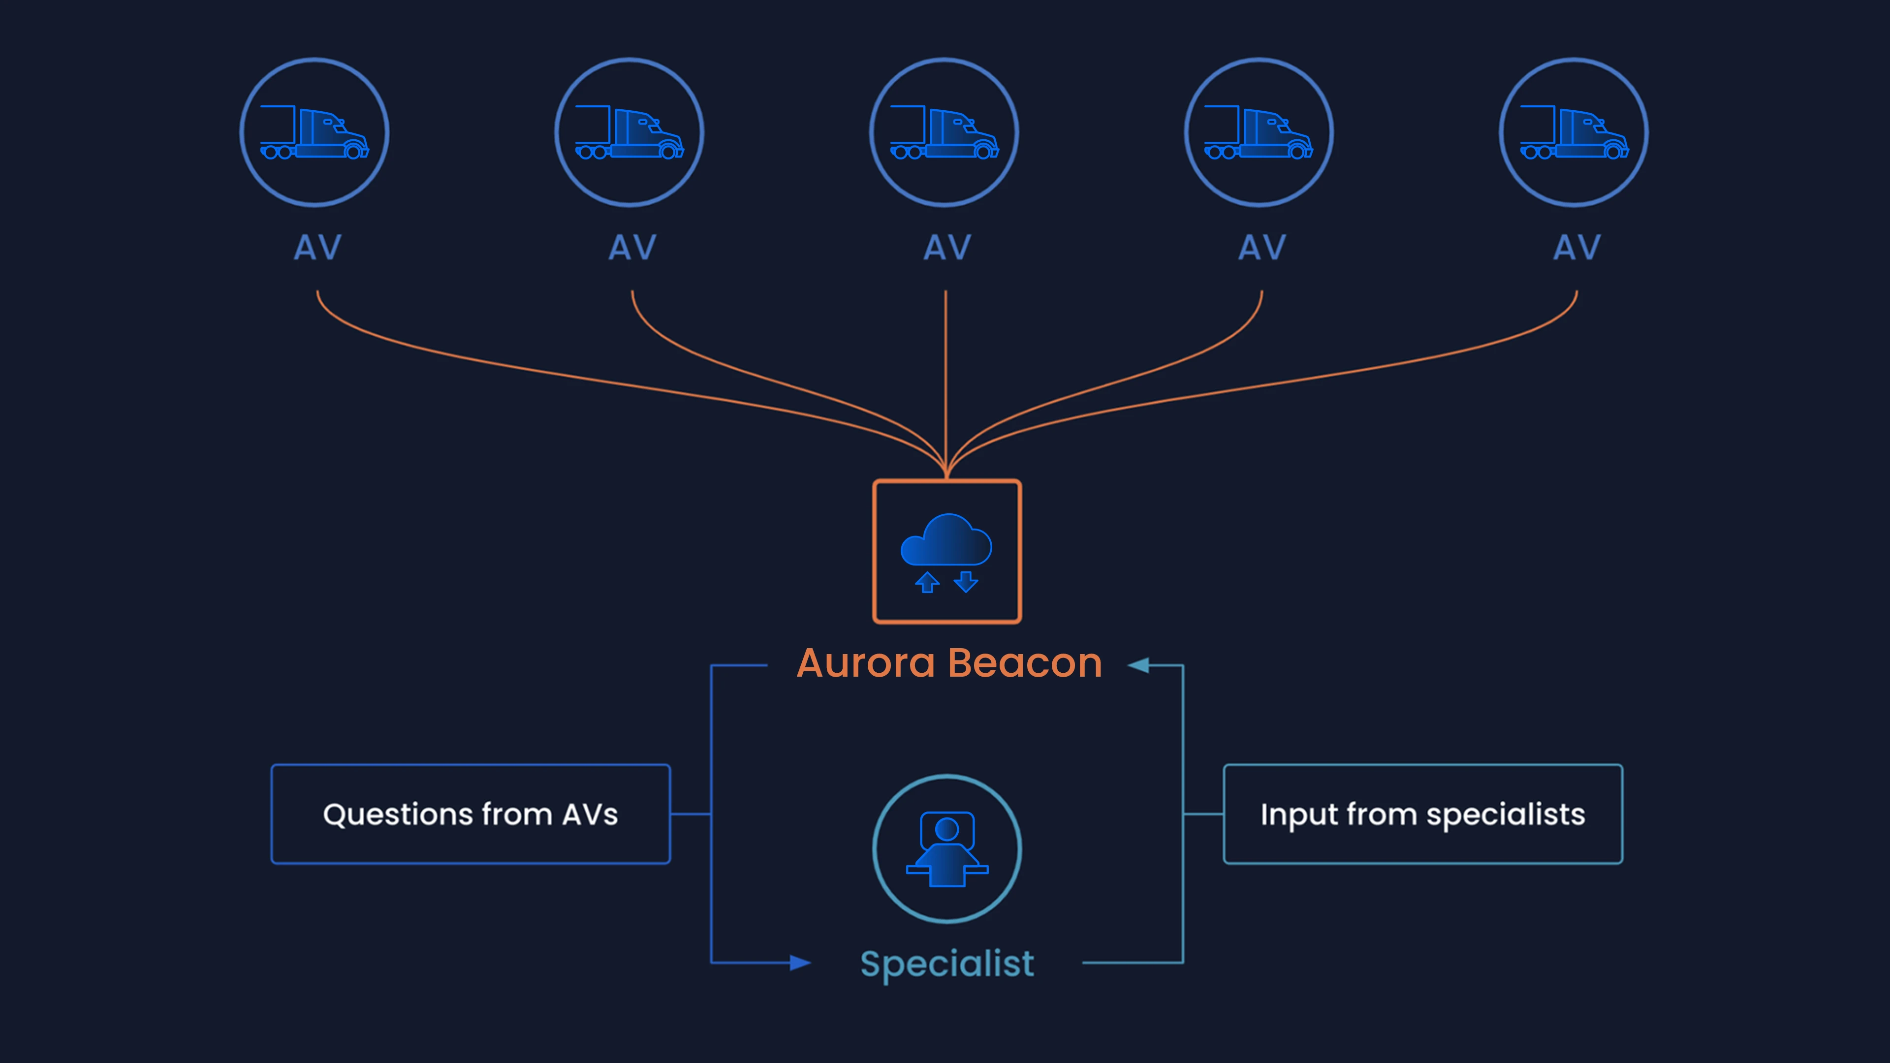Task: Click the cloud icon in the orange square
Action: point(946,539)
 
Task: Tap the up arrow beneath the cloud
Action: point(927,582)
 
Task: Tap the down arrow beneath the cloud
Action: point(966,582)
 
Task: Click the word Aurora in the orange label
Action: point(866,663)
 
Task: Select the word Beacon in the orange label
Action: point(1025,663)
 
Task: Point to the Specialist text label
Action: point(947,965)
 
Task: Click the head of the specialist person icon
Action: point(947,829)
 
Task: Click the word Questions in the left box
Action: point(398,815)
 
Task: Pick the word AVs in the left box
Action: point(590,814)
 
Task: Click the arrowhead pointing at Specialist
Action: point(800,963)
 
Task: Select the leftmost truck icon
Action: point(314,133)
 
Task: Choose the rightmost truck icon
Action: point(1574,133)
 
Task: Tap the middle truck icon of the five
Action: point(945,133)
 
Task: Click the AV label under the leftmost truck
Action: point(317,247)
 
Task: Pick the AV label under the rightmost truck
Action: point(1576,247)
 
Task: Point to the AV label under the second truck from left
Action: point(632,247)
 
